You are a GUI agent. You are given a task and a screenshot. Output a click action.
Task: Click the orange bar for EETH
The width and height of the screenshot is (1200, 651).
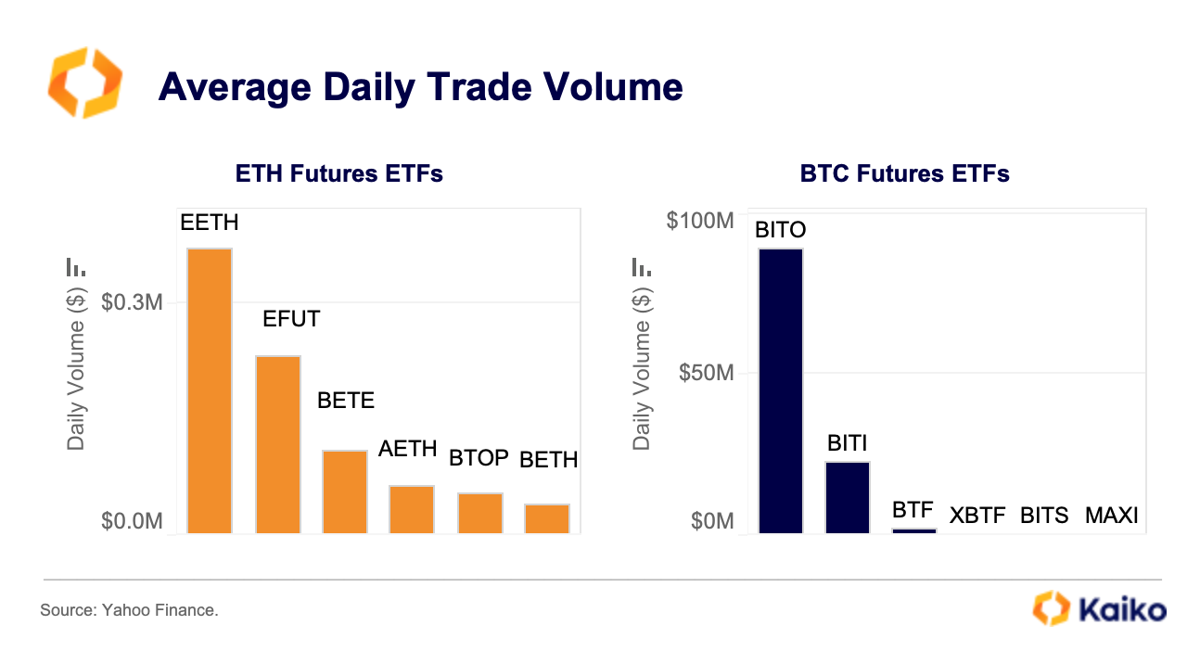[x=210, y=390]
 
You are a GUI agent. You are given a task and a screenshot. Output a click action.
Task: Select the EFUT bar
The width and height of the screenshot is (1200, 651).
[x=278, y=444]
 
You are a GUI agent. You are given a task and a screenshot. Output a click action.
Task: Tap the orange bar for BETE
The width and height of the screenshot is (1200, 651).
[x=345, y=491]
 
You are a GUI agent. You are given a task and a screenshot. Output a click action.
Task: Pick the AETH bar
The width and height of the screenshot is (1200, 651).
[x=412, y=509]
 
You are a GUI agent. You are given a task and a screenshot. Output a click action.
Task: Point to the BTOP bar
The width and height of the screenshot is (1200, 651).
[x=480, y=513]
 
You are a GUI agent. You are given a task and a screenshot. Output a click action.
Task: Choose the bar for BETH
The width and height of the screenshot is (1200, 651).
[x=547, y=518]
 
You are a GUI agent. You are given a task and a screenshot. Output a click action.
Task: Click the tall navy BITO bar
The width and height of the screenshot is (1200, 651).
[x=781, y=390]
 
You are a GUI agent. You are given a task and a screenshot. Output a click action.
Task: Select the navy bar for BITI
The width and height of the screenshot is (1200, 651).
[x=848, y=497]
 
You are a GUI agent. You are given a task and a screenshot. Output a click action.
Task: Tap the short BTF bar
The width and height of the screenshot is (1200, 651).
[x=914, y=530]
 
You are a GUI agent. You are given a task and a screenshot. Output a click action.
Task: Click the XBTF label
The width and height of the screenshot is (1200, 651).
[x=977, y=516]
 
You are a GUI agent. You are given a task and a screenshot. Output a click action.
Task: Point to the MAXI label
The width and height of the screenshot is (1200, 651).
[x=1111, y=516]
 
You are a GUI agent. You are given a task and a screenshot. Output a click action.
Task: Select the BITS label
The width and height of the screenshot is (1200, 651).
[x=1044, y=516]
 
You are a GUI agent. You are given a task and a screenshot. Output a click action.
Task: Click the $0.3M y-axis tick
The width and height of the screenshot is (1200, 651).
[x=133, y=302]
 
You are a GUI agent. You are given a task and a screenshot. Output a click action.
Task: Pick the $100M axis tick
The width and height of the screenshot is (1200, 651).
[x=700, y=221]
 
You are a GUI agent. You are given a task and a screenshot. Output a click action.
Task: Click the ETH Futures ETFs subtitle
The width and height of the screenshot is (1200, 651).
[x=338, y=173]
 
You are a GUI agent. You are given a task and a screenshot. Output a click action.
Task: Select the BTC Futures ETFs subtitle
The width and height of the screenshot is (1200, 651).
[x=904, y=173]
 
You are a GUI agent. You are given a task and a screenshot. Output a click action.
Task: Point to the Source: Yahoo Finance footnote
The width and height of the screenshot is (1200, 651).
[x=129, y=611]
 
